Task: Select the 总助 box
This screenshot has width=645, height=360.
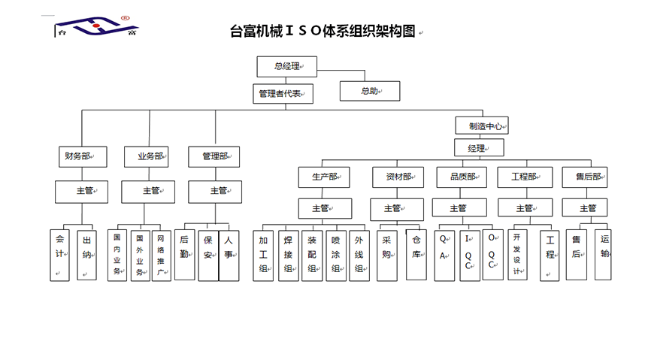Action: coord(369,91)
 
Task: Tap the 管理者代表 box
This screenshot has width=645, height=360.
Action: coord(281,93)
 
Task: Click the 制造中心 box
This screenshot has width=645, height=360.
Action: coord(482,126)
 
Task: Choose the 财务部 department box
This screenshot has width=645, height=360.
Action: coord(82,156)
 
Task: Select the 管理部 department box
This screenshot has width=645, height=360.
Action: coord(213,156)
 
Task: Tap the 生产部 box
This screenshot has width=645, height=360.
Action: coord(324,177)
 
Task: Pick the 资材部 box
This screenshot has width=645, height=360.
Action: coord(399,177)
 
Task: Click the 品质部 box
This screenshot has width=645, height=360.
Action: coord(461,177)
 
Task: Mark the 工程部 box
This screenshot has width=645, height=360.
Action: coord(523,177)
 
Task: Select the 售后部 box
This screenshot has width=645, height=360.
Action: coord(585,177)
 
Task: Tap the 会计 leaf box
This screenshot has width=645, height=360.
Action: coord(61,254)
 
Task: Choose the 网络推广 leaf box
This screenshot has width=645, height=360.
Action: coord(161,254)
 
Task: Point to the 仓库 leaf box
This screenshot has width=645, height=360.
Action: coord(416,254)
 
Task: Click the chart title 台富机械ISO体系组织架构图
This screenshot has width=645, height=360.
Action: coord(322,31)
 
